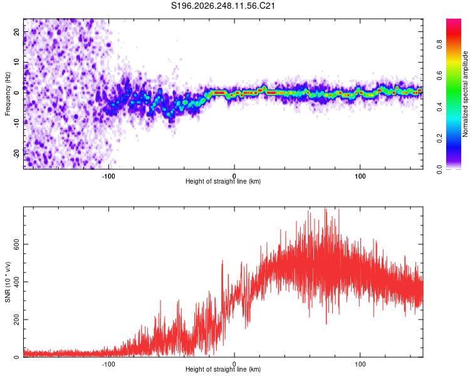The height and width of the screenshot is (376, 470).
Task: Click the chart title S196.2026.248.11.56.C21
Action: (x=223, y=6)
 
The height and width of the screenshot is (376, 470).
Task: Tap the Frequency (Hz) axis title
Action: (x=8, y=93)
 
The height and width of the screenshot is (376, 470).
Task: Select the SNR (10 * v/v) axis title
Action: (x=8, y=282)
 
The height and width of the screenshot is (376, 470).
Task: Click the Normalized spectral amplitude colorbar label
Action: (x=465, y=94)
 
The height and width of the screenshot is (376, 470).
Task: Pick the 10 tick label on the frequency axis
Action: (x=16, y=62)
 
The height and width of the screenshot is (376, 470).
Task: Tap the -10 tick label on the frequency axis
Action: (x=16, y=123)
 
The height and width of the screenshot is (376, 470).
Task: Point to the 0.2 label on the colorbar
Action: (x=440, y=138)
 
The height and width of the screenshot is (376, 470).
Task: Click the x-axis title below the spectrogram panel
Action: (x=223, y=181)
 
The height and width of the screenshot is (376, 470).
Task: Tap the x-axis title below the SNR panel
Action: (x=223, y=369)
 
